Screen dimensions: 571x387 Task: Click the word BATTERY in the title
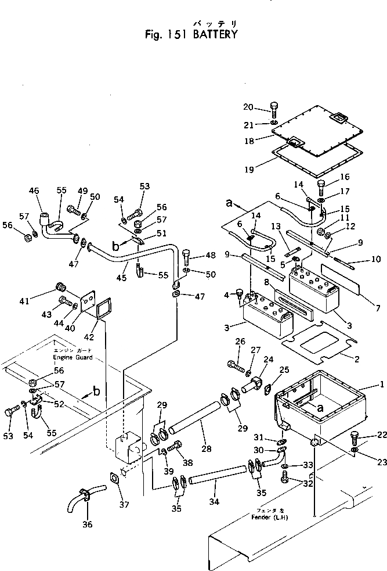(212, 34)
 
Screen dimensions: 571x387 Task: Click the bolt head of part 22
(355, 436)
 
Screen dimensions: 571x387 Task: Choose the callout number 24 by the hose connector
(267, 359)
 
